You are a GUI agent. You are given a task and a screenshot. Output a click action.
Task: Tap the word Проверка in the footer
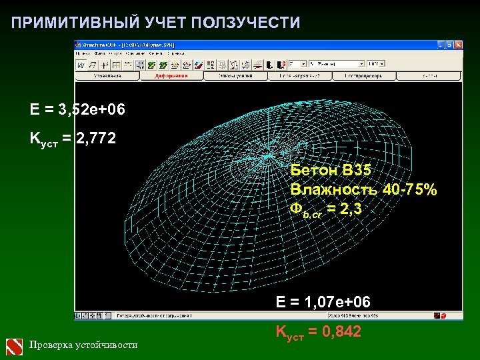point(53,345)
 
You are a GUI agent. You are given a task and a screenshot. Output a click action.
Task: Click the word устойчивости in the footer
point(107,345)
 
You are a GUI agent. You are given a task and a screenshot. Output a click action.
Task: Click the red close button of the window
point(458,45)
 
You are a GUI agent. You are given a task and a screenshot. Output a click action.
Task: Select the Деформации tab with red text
point(171,76)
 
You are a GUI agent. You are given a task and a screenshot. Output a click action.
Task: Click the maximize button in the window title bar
point(449,45)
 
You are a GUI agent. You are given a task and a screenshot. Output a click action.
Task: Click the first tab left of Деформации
point(107,76)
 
